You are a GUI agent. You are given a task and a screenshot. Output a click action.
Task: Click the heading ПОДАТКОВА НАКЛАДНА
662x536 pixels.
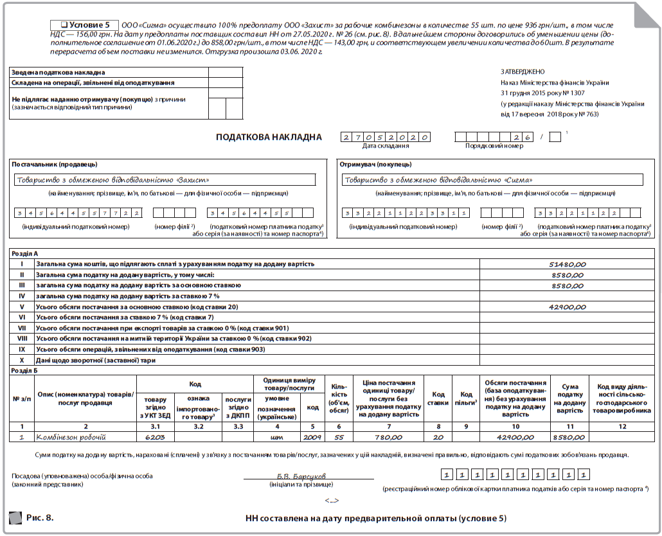(x=269, y=137)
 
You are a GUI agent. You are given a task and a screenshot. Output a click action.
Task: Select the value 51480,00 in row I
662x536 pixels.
(x=568, y=264)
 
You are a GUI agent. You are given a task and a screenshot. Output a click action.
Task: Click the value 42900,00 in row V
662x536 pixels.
(x=568, y=307)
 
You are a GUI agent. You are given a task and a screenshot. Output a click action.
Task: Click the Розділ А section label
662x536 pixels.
(x=26, y=254)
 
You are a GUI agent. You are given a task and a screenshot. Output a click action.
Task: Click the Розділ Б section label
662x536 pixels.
(x=26, y=371)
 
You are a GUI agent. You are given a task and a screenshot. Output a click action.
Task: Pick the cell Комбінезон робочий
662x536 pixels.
(x=71, y=437)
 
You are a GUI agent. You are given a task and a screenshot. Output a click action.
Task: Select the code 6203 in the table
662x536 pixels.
(x=155, y=437)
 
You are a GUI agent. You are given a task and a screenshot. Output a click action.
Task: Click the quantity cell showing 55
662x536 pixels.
(x=338, y=437)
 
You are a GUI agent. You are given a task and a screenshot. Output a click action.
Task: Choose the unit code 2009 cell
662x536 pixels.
(x=312, y=437)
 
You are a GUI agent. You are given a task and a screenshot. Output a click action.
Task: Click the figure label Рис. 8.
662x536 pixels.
(x=40, y=517)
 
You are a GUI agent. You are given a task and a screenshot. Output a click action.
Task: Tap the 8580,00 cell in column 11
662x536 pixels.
(x=571, y=437)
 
